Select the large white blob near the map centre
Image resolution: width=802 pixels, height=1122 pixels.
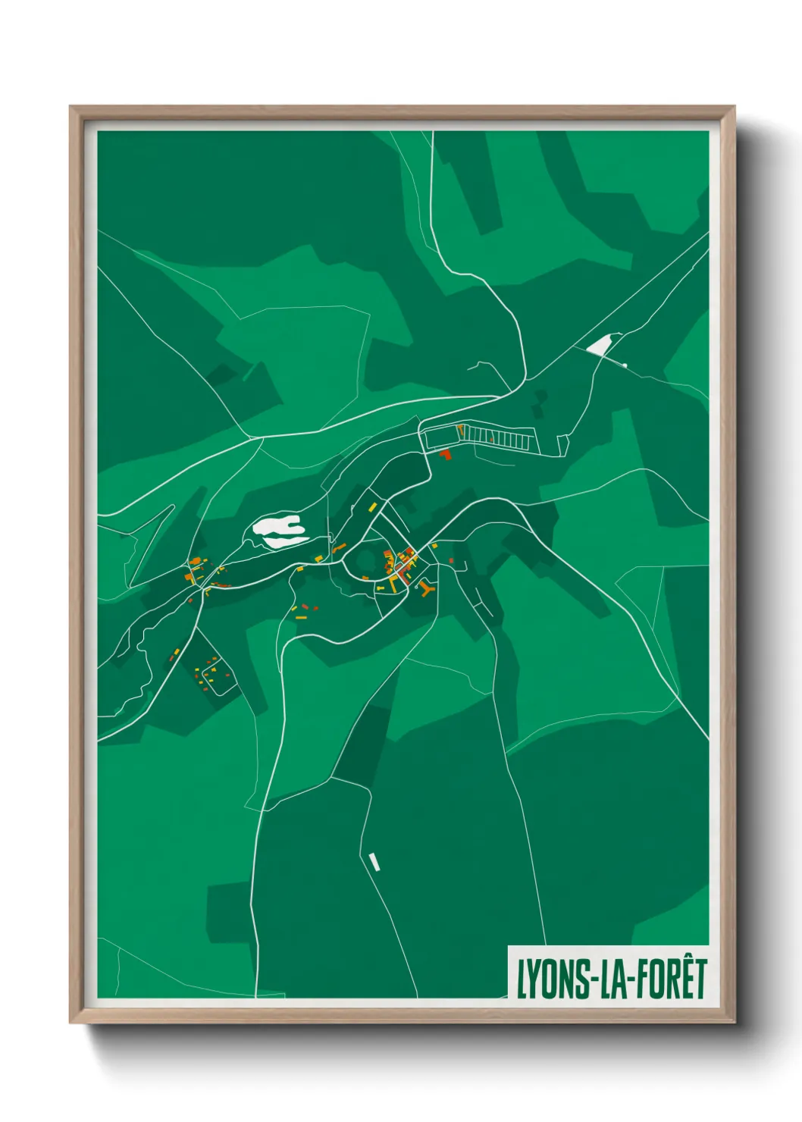(x=280, y=530)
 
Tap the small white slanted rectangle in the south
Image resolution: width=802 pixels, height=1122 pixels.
(x=373, y=861)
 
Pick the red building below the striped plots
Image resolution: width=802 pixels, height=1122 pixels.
(x=445, y=454)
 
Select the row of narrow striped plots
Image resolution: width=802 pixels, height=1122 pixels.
(x=500, y=437)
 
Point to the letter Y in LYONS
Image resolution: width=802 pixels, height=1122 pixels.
(x=531, y=979)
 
